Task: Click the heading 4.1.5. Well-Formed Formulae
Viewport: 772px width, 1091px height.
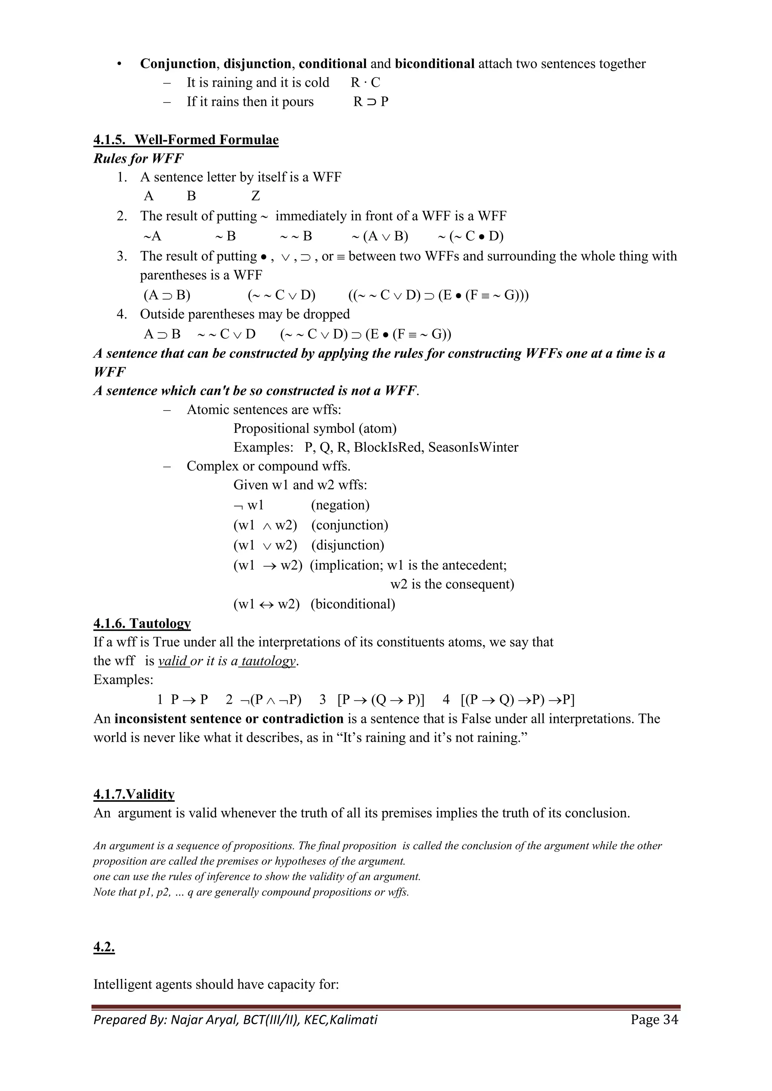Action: [186, 140]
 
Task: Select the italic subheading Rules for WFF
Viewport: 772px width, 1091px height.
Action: [138, 158]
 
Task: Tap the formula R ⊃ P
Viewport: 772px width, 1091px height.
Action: [371, 102]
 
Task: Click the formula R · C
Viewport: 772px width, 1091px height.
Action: [365, 83]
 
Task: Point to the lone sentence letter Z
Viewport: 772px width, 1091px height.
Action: [255, 196]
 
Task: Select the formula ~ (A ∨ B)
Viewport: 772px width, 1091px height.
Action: [380, 236]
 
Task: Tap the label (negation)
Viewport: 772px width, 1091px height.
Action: [340, 505]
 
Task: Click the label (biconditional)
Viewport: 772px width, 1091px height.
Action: [353, 604]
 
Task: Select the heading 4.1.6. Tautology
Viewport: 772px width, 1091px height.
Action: [142, 623]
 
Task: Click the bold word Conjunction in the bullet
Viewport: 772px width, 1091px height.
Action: [178, 64]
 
